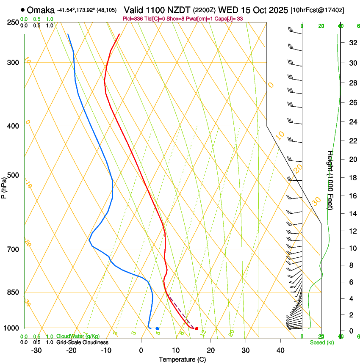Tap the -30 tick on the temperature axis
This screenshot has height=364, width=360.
(x=36, y=350)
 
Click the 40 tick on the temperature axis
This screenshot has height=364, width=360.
(x=280, y=350)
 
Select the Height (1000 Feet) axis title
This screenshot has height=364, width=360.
(x=330, y=180)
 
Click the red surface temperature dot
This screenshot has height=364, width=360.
(x=197, y=328)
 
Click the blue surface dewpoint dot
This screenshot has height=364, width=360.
(x=157, y=328)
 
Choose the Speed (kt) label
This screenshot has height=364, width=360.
(x=321, y=342)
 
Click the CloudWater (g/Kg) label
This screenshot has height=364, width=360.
(x=78, y=336)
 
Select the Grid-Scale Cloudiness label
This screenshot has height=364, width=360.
(x=82, y=342)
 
